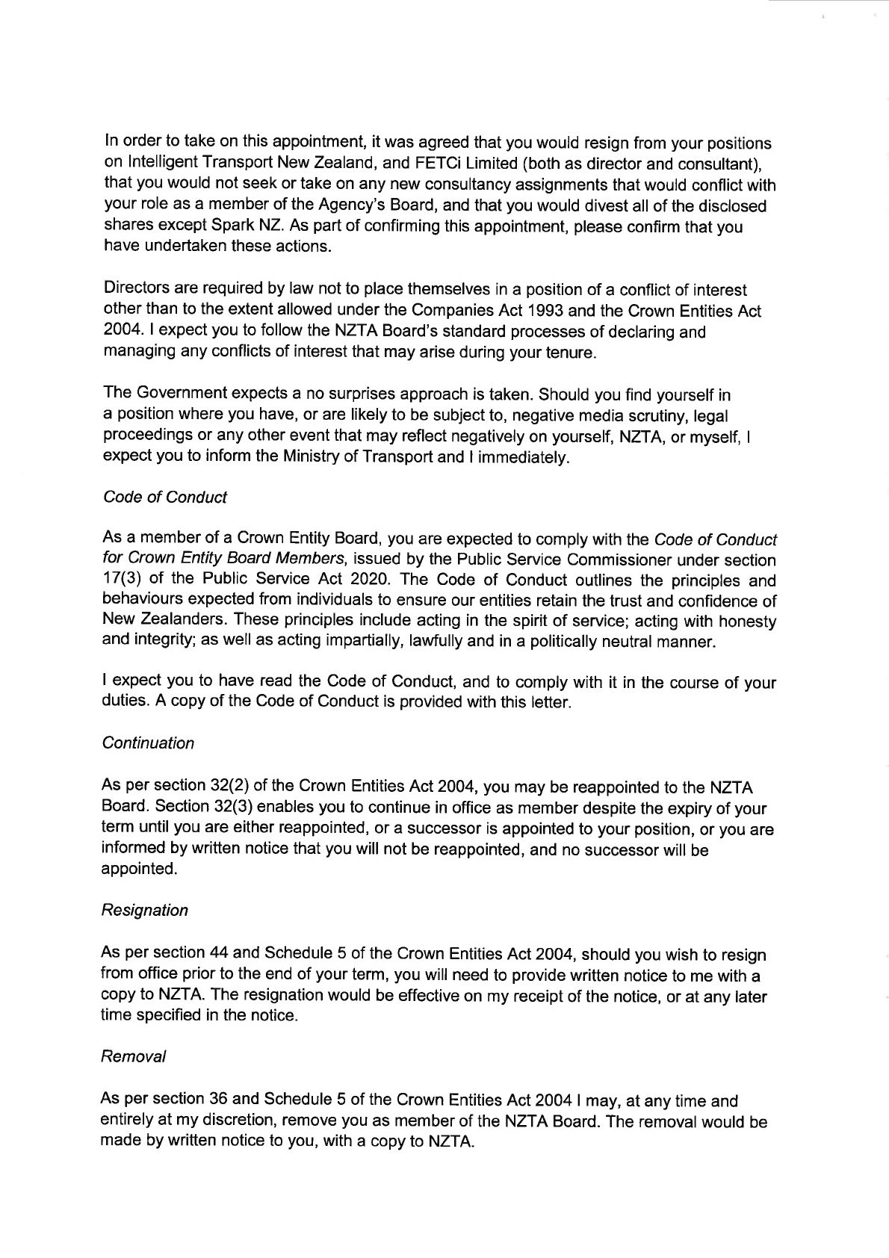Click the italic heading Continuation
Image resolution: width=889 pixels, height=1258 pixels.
pyautogui.click(x=148, y=743)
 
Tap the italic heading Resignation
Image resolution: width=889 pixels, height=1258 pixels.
pyautogui.click(x=145, y=911)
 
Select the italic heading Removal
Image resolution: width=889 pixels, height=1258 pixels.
pyautogui.click(x=134, y=1057)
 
